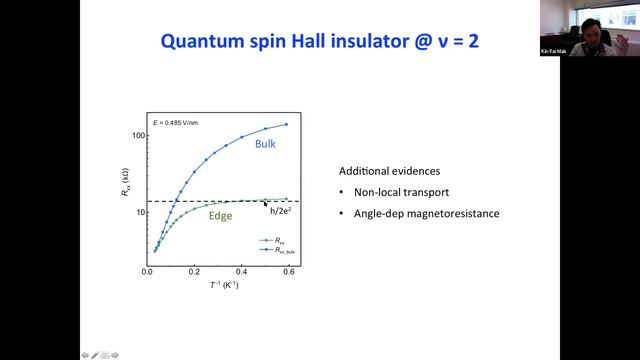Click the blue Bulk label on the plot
[x=264, y=144]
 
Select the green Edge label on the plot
[x=221, y=215]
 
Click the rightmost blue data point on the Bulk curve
[x=287, y=125]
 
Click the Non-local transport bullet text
[x=393, y=192]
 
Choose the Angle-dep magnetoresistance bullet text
[x=419, y=213]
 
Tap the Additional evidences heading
[x=385, y=170]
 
